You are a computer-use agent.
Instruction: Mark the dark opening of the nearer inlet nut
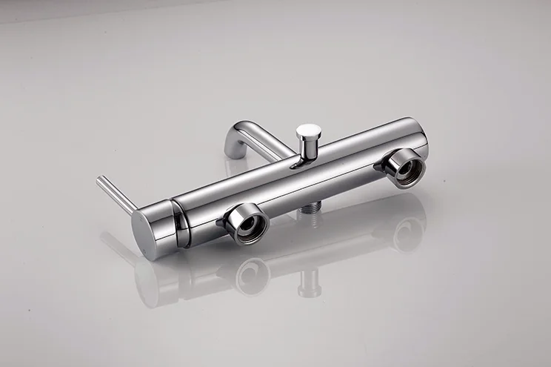(x=250, y=227)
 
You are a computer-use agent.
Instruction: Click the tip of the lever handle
(x=100, y=179)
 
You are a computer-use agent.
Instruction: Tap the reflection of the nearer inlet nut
(x=252, y=274)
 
